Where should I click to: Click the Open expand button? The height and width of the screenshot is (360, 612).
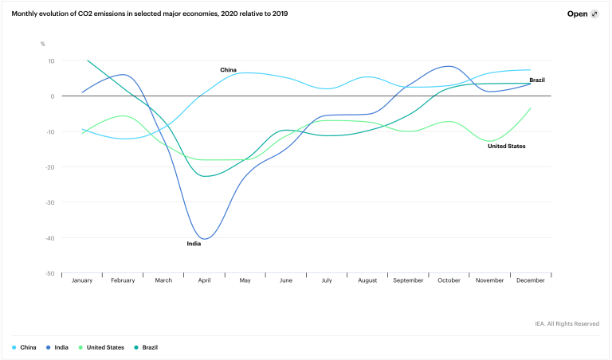583,14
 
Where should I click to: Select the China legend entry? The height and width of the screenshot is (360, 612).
25,348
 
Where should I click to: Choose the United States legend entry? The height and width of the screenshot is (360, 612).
101,348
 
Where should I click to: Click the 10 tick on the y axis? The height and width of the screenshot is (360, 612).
50,61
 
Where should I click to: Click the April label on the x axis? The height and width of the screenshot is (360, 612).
205,280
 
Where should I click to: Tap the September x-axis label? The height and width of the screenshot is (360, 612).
408,280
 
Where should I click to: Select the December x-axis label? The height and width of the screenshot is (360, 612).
530,280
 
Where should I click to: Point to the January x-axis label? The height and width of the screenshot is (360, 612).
83,280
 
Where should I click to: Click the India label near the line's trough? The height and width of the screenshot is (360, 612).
194,244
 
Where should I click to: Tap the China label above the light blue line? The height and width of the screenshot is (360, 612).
228,70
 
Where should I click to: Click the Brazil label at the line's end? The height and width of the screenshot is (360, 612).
536,80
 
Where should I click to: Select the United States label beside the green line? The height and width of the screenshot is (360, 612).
507,146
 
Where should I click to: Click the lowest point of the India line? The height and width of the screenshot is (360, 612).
206,238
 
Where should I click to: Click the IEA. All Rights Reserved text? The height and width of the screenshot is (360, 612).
567,323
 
